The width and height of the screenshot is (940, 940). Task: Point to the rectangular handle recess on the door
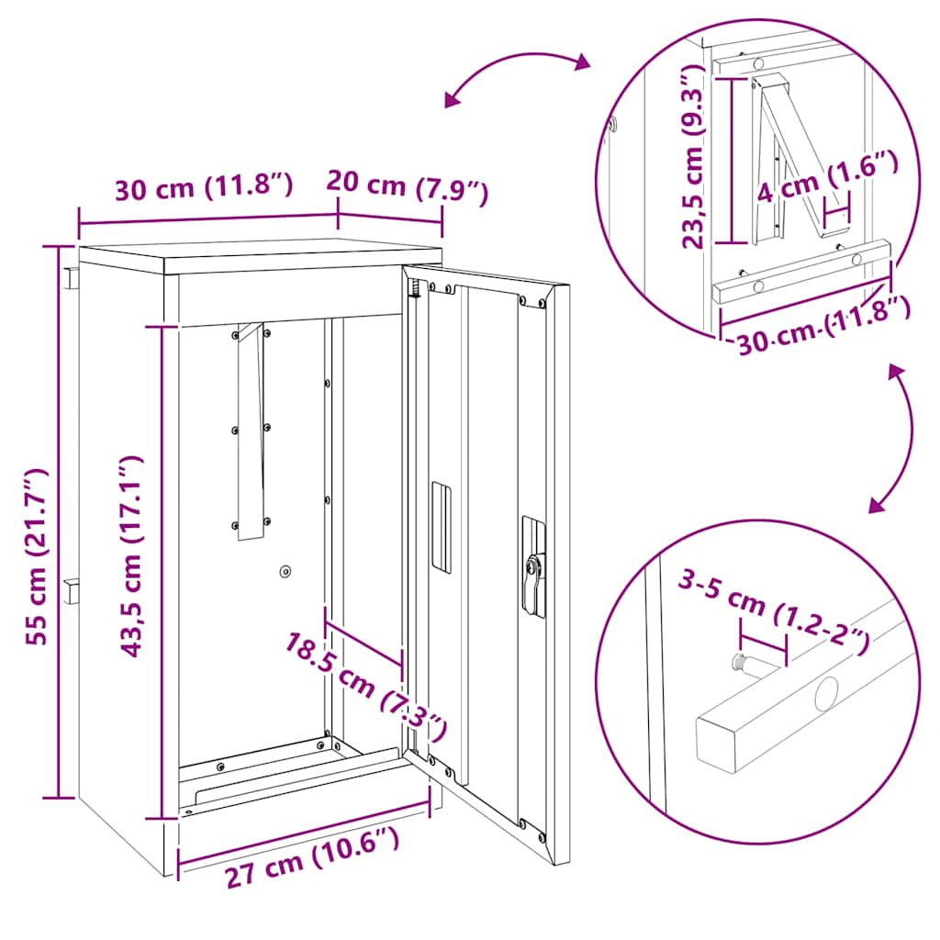[x=442, y=528]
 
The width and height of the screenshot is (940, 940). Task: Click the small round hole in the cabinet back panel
[x=285, y=571]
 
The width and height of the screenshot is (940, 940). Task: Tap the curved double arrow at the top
[x=517, y=77]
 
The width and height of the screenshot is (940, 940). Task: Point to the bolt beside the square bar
[x=740, y=663]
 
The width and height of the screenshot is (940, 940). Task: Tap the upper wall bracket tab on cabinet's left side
[x=71, y=277]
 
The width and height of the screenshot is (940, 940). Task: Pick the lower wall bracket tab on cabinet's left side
[x=71, y=590]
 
